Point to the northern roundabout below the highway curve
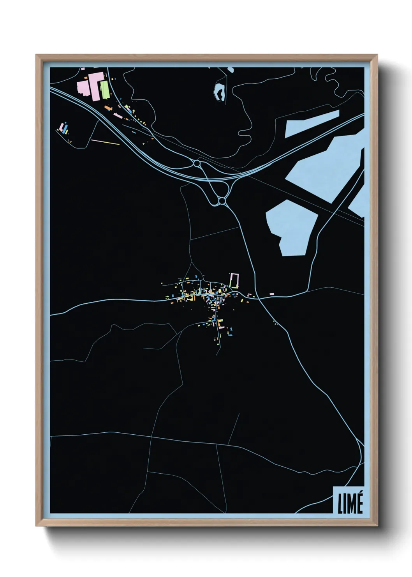click(197, 163)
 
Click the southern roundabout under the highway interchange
click(222, 201)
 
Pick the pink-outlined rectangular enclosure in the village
click(234, 280)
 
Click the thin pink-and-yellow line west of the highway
click(105, 142)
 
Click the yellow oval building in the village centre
click(218, 291)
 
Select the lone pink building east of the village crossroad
click(271, 293)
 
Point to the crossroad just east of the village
click(258, 299)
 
